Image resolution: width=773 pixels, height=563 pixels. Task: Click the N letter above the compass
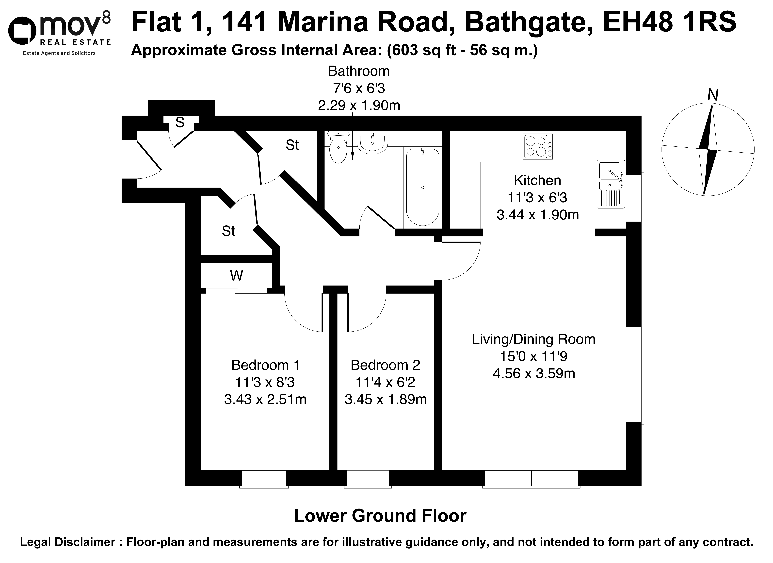tap(713, 95)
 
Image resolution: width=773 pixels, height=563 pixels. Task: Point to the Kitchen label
tap(537, 180)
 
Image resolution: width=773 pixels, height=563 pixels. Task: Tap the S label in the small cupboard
tap(180, 122)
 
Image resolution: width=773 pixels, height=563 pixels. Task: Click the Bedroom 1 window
tap(264, 479)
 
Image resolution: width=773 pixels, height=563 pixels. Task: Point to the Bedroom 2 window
tap(368, 479)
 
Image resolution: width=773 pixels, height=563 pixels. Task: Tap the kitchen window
tap(635, 198)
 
